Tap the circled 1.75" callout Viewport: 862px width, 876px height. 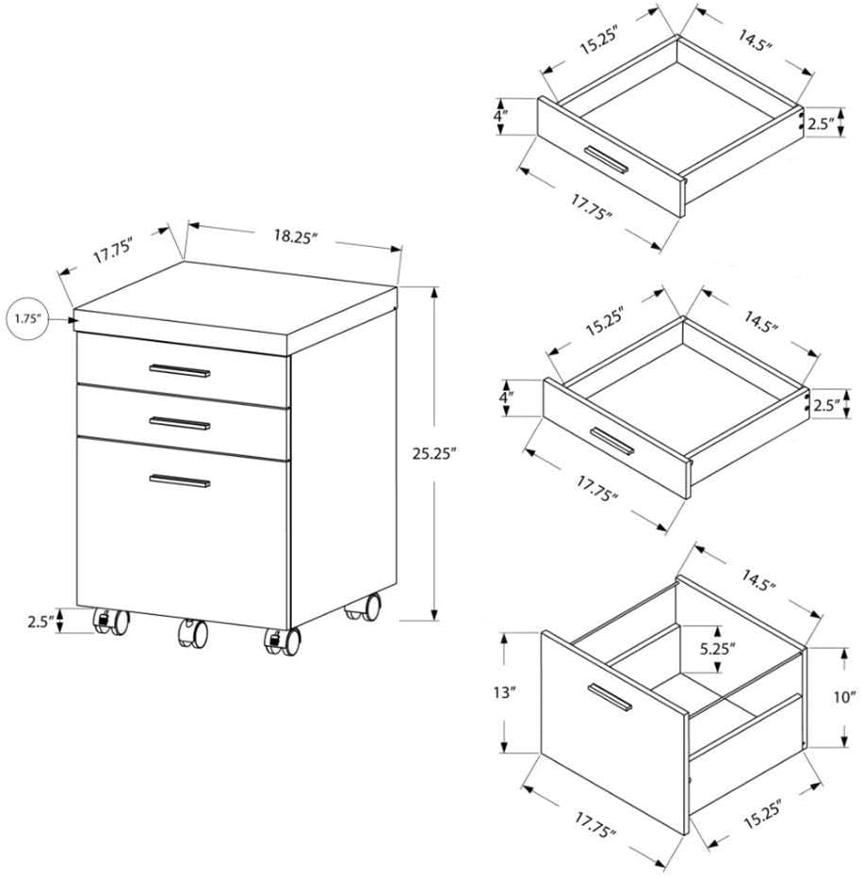[x=29, y=318]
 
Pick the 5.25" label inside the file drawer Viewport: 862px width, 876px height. [x=718, y=649]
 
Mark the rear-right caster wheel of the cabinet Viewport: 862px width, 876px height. [x=364, y=608]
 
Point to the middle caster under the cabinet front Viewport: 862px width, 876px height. [x=192, y=633]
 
